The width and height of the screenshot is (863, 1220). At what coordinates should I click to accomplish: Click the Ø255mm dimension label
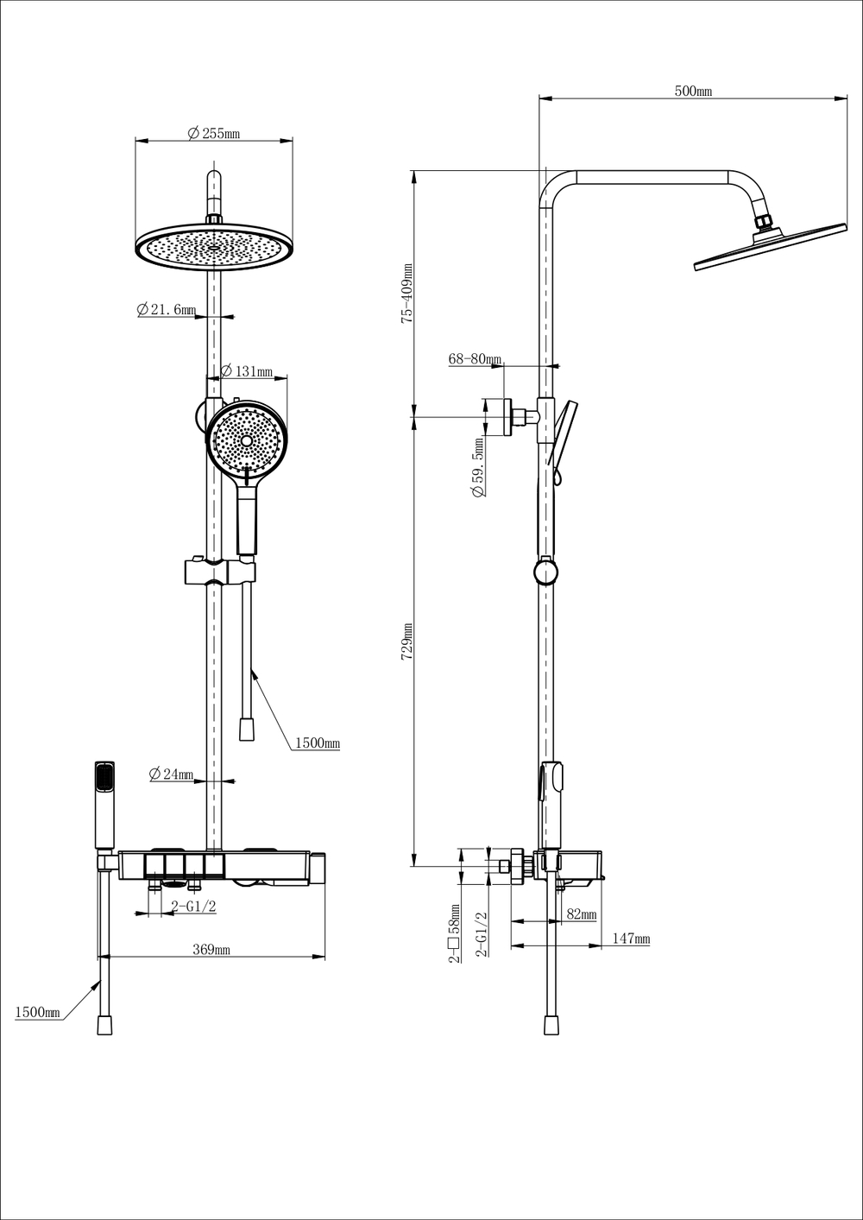coord(213,133)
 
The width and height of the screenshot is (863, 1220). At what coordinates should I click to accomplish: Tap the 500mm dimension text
coord(693,91)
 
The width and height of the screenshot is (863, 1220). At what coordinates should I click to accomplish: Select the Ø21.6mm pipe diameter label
coord(166,309)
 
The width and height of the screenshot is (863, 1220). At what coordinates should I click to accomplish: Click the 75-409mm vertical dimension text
coord(406,294)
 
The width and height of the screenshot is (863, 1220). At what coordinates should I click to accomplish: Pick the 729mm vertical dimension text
coord(406,642)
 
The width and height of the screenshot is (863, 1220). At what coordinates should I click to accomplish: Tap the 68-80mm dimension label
coord(475,359)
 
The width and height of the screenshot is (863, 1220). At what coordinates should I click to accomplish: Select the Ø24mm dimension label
coord(171,774)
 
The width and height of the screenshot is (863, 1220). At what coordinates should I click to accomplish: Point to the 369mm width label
coord(211,949)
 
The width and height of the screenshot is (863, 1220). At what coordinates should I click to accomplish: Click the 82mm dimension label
coord(581,913)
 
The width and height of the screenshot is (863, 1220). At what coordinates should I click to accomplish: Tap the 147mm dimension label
coord(631,939)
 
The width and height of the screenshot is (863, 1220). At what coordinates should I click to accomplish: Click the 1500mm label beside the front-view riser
coord(318,743)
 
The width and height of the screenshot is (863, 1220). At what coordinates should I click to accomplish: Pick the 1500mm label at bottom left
coord(37,1013)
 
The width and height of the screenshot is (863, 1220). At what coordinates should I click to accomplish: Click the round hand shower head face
coord(247,440)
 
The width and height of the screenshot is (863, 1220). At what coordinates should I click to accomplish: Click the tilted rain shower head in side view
coord(771,247)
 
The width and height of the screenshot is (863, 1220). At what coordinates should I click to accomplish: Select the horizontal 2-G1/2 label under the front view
coord(194,907)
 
